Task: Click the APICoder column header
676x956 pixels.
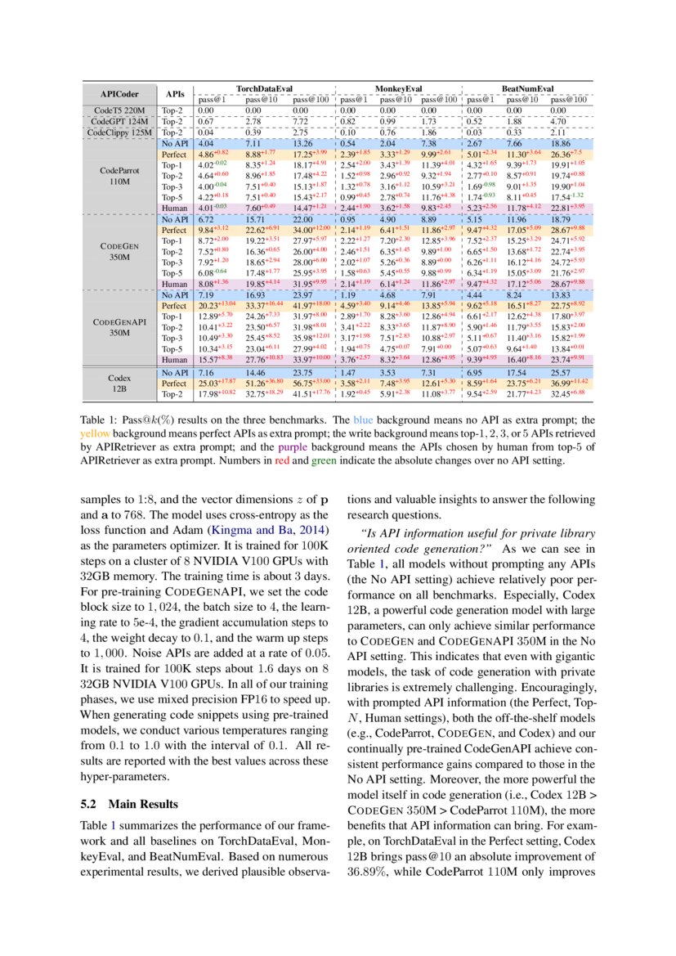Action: (x=120, y=93)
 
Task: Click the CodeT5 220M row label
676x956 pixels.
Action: (x=120, y=110)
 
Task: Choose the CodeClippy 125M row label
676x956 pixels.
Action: (x=120, y=131)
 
